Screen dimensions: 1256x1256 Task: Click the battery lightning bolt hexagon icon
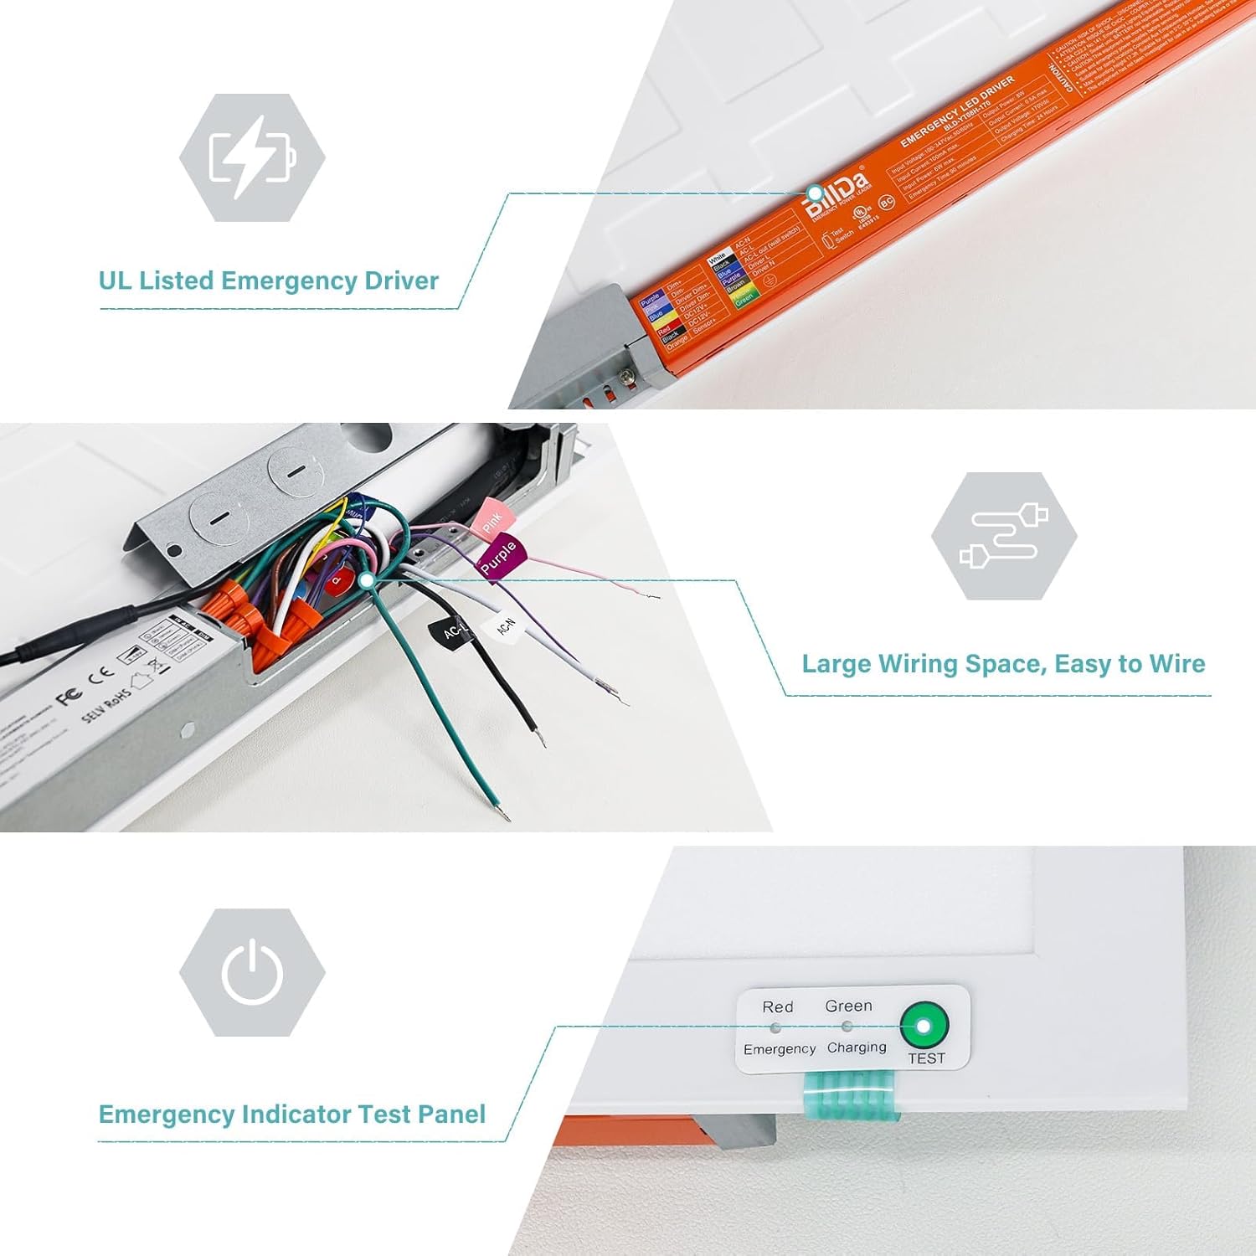(252, 157)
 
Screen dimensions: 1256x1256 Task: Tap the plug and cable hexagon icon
(1004, 536)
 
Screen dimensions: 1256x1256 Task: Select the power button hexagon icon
(252, 972)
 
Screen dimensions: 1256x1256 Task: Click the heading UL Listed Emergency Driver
(268, 281)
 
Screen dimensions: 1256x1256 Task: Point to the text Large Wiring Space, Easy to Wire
(1003, 664)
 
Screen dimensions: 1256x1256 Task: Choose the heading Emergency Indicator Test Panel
(291, 1114)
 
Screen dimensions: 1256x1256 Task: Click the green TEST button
(924, 1026)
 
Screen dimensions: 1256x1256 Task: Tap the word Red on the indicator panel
(777, 1007)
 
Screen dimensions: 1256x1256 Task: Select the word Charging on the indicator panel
(856, 1048)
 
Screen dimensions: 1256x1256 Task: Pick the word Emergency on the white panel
(779, 1049)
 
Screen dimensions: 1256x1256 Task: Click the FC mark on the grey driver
(69, 697)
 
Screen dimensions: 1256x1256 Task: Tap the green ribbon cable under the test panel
(849, 1097)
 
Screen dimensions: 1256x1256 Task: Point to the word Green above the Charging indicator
(848, 1006)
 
